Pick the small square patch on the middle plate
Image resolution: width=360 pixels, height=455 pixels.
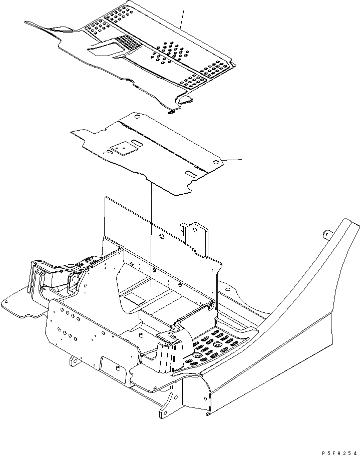coord(122,149)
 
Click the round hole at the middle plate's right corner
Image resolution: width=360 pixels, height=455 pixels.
coord(215,163)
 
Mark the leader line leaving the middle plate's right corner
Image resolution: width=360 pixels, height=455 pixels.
coord(230,160)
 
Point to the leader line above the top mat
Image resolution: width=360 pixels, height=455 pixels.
coord(183,18)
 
